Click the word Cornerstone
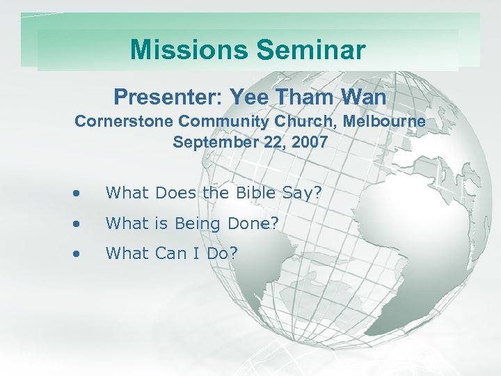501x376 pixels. (x=123, y=121)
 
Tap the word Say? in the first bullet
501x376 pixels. (x=304, y=192)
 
